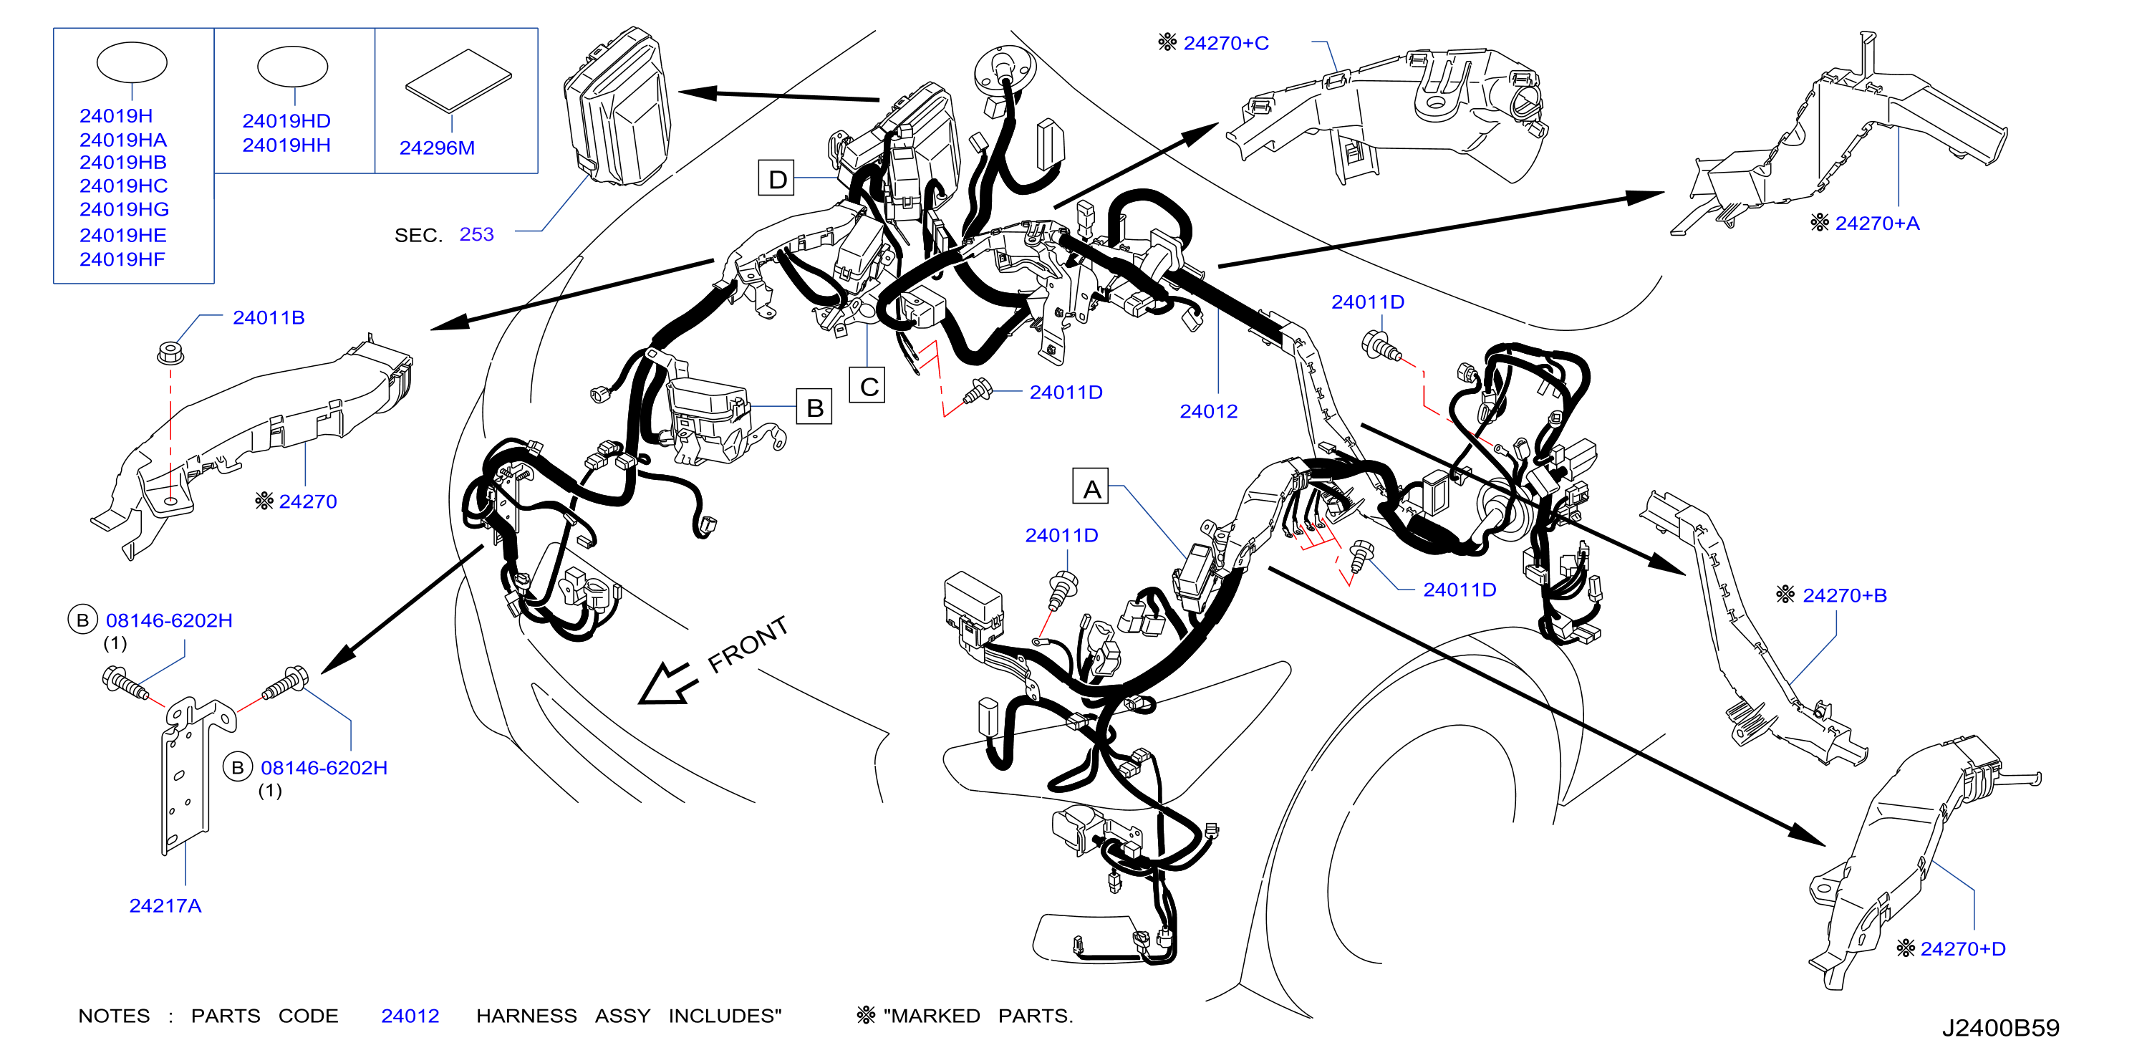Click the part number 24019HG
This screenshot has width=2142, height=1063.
pos(124,210)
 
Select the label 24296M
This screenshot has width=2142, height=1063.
pos(437,148)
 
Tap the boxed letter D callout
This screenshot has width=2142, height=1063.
pos(776,179)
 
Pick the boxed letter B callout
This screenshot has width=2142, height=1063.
pos(814,406)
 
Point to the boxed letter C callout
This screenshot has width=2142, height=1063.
pos(867,385)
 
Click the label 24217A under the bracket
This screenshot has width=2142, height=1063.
pos(165,906)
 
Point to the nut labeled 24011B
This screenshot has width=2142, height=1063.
pos(170,352)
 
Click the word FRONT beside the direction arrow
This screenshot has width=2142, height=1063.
pos(748,644)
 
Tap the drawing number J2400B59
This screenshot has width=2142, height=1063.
pos(2001,1028)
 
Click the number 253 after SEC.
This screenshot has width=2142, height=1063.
pos(476,234)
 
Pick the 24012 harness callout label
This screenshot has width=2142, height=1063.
pos(1208,411)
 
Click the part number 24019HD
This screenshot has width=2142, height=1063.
pos(286,122)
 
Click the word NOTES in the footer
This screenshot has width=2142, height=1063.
pos(114,1016)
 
